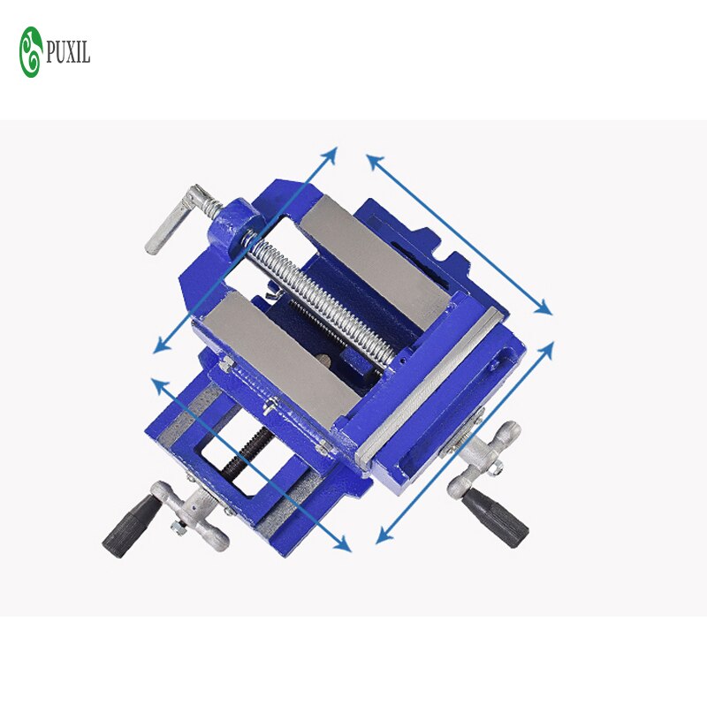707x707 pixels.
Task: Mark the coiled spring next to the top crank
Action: click(212, 207)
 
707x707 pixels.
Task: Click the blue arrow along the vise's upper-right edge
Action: click(459, 234)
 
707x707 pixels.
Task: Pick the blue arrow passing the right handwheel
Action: click(465, 442)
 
